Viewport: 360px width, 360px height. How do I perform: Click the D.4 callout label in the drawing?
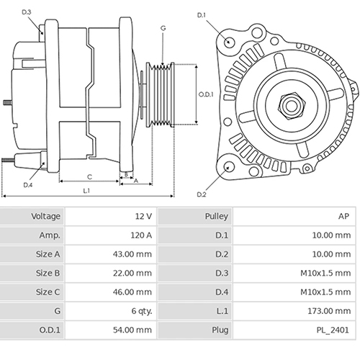click(27, 185)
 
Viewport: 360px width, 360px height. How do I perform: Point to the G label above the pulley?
click(163, 28)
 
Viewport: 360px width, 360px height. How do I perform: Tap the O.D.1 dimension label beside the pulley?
click(206, 94)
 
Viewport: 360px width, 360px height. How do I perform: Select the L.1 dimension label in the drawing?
click(86, 191)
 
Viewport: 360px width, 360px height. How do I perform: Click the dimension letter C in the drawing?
click(89, 176)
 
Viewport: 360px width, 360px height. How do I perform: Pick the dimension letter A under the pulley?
click(136, 181)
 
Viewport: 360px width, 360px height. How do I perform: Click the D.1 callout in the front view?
click(201, 15)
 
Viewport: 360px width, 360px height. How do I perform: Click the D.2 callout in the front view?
click(201, 194)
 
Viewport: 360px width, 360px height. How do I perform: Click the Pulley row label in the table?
click(216, 217)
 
